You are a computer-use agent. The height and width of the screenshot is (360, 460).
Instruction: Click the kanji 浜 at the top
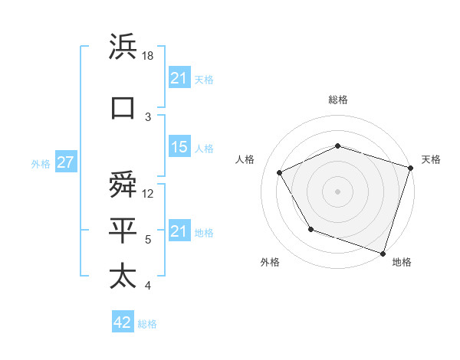[x=123, y=48]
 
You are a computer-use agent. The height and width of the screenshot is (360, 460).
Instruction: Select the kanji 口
[x=123, y=108]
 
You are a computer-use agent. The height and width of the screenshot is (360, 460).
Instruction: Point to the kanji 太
[x=123, y=276]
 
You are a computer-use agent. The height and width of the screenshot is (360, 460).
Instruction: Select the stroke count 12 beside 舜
[x=149, y=195]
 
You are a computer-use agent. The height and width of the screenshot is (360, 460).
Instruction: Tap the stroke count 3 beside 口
[x=147, y=116]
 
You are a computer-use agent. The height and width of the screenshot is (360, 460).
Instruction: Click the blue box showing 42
[x=123, y=322]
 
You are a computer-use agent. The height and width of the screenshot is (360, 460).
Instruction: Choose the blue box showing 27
[x=66, y=162]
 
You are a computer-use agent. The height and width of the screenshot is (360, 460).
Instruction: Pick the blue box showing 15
[x=179, y=147]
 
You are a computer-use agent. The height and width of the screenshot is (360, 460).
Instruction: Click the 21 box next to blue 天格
[x=179, y=77]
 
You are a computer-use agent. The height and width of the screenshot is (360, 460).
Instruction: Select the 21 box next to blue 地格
[x=179, y=231]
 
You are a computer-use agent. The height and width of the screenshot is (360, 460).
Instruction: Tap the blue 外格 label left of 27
[x=40, y=163]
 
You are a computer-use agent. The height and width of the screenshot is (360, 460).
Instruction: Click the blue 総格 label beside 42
[x=147, y=323]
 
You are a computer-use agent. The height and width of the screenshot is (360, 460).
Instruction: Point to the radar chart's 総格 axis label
[x=337, y=100]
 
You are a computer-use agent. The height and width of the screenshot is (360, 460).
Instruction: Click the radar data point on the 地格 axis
[x=383, y=253]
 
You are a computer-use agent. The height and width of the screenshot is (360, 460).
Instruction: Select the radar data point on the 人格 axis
[x=279, y=172]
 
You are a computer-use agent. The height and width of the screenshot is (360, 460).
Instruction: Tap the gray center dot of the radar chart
[x=337, y=191]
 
